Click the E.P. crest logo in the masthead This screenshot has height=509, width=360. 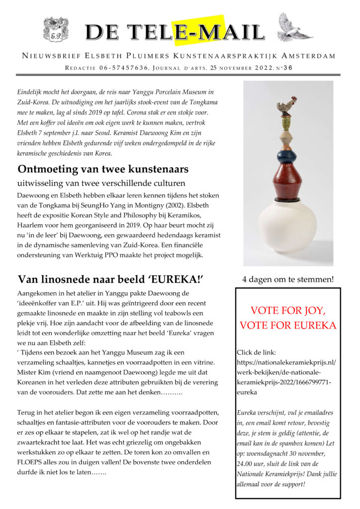pos(56,29)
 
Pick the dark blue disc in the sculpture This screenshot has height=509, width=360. pos(287,157)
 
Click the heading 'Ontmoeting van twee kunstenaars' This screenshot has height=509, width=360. pos(103,169)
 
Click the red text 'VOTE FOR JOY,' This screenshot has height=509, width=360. pos(288,311)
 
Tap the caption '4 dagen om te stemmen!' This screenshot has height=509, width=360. pos(288,279)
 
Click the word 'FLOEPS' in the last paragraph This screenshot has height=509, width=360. pos(32,462)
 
